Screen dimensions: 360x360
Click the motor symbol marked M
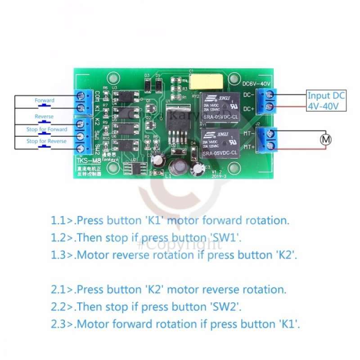(x=325, y=139)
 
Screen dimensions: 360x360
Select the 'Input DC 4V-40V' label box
(x=326, y=101)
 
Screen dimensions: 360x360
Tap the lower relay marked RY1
(x=220, y=143)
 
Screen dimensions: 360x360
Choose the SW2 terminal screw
(x=81, y=148)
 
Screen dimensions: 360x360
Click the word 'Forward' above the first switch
(x=44, y=100)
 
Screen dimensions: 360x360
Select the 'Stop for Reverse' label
(x=46, y=141)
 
